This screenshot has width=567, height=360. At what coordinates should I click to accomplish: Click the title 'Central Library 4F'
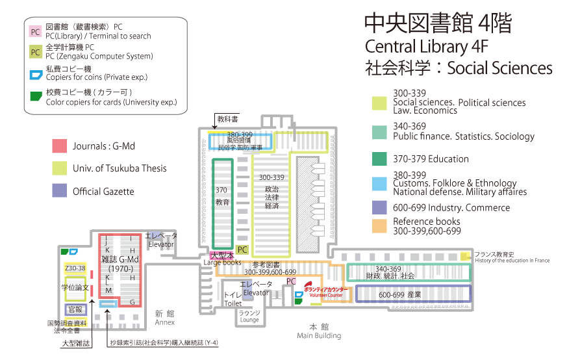[425, 47]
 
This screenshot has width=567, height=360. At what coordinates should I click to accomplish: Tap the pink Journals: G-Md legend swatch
[59, 146]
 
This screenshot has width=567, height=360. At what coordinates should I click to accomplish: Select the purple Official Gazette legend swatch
[59, 190]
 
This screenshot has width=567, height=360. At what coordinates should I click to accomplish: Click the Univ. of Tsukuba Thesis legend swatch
[59, 168]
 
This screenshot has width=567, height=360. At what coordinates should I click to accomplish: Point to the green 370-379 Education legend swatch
[379, 159]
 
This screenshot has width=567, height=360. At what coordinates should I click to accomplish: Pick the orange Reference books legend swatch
[379, 225]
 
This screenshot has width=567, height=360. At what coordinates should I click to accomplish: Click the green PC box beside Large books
[242, 250]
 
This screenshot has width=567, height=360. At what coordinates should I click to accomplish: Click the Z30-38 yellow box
[75, 268]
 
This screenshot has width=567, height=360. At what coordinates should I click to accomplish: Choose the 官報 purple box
[75, 310]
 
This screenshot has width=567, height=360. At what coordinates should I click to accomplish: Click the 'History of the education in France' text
[512, 261]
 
